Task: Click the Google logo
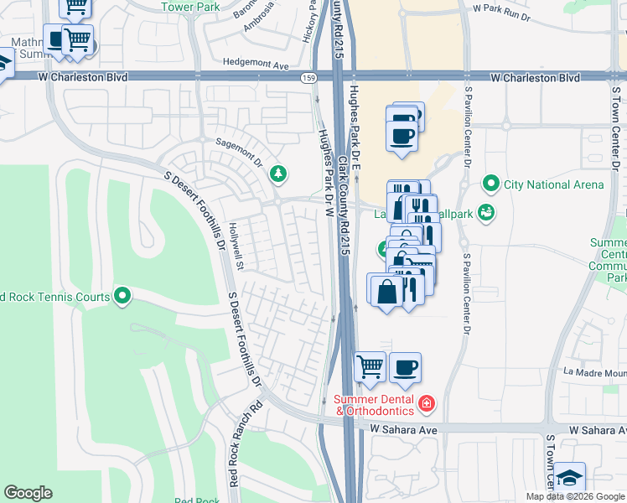[28, 493]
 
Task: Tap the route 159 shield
[308, 76]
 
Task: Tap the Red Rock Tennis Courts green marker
[122, 296]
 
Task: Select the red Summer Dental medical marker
[426, 405]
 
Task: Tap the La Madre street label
[593, 372]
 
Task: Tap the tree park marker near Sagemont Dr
[277, 174]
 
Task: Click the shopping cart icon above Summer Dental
[370, 366]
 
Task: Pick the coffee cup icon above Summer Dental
[405, 366]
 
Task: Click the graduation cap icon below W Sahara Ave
[569, 478]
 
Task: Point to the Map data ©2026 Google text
[575, 496]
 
